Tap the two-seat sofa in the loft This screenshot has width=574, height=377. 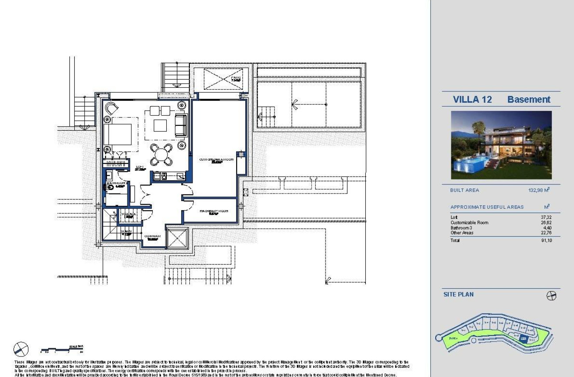point(180,125)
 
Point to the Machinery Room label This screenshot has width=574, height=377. point(214,211)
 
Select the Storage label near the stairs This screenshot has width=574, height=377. point(129,214)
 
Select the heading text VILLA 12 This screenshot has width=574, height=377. point(472,100)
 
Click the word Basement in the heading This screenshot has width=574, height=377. point(529,100)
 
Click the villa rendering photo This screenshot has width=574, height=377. point(501,145)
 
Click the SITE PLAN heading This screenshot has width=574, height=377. point(458,294)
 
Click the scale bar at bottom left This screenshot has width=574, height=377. point(62,349)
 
